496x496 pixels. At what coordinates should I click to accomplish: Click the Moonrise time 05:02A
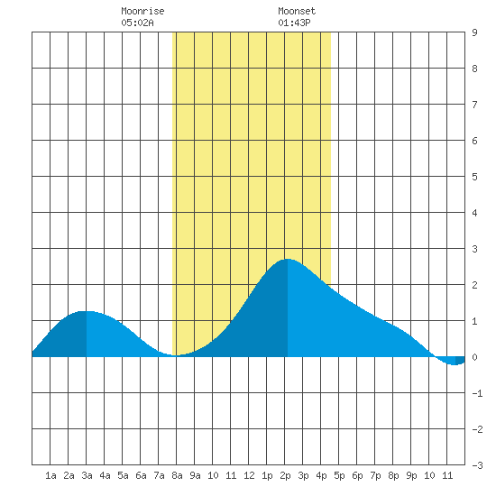(x=138, y=23)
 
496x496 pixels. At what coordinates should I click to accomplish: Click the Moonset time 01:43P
(x=295, y=23)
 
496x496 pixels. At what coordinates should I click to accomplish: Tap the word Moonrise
(x=142, y=11)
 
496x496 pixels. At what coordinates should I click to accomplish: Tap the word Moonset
(x=297, y=11)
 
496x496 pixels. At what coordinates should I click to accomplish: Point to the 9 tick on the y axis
(x=474, y=32)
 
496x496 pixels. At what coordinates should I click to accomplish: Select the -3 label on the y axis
(x=477, y=465)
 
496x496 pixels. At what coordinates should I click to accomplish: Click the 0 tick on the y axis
(x=474, y=357)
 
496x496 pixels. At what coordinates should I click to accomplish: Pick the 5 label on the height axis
(x=474, y=177)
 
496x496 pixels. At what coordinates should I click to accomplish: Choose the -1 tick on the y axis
(x=477, y=393)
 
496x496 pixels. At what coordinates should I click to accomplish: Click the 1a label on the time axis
(x=51, y=475)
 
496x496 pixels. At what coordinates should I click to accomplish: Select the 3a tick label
(x=87, y=475)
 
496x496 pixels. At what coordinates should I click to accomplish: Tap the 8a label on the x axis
(x=177, y=475)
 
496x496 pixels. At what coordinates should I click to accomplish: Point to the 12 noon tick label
(x=249, y=475)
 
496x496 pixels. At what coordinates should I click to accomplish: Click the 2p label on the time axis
(x=285, y=475)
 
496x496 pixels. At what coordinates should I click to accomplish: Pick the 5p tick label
(x=339, y=475)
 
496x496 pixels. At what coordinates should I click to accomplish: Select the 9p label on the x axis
(x=411, y=475)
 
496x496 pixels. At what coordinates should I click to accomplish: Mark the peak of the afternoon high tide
(x=288, y=259)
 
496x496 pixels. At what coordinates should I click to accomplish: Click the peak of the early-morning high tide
(x=87, y=311)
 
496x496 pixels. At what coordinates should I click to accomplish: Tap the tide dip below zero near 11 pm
(x=455, y=364)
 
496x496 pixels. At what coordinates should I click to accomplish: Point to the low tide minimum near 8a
(x=176, y=355)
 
